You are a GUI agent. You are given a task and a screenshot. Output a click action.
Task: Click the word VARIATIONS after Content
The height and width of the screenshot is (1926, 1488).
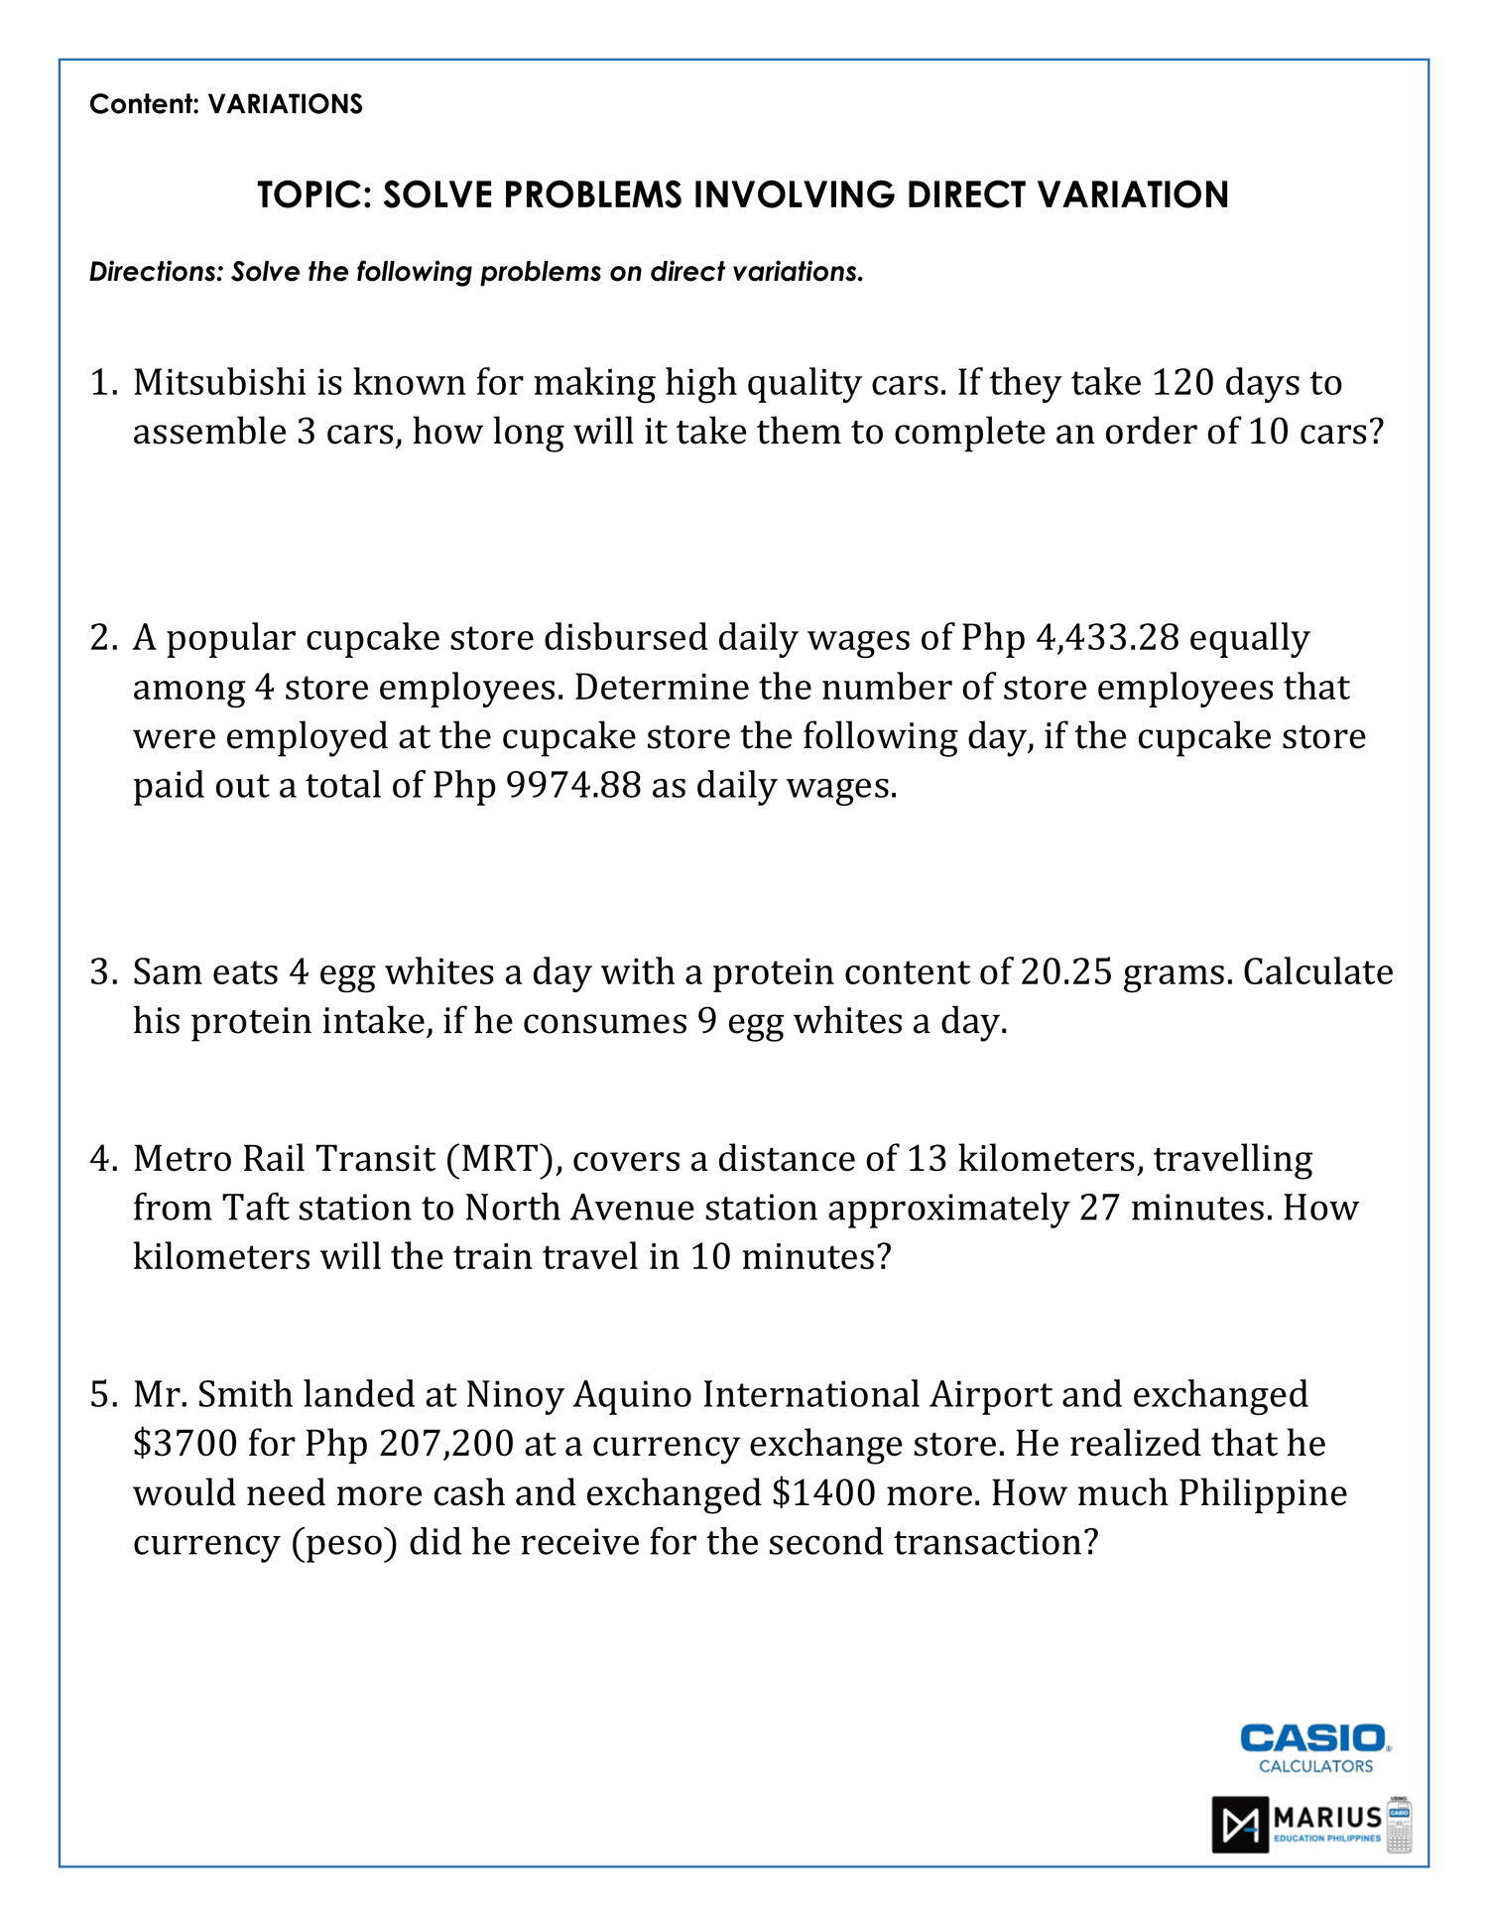(x=285, y=104)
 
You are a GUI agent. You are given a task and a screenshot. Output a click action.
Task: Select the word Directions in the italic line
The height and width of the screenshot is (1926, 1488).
(x=156, y=272)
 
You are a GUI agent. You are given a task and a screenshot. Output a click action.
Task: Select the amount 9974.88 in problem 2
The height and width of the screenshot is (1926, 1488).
(x=573, y=786)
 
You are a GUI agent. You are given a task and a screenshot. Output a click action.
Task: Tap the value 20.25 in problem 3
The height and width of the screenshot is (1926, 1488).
(x=1066, y=971)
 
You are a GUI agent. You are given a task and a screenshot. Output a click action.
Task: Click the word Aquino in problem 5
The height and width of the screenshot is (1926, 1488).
(x=633, y=1394)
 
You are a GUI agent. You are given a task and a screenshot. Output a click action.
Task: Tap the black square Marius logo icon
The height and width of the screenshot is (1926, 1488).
(x=1240, y=1824)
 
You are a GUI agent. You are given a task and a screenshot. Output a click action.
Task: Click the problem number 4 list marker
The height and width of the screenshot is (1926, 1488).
(x=103, y=1159)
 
